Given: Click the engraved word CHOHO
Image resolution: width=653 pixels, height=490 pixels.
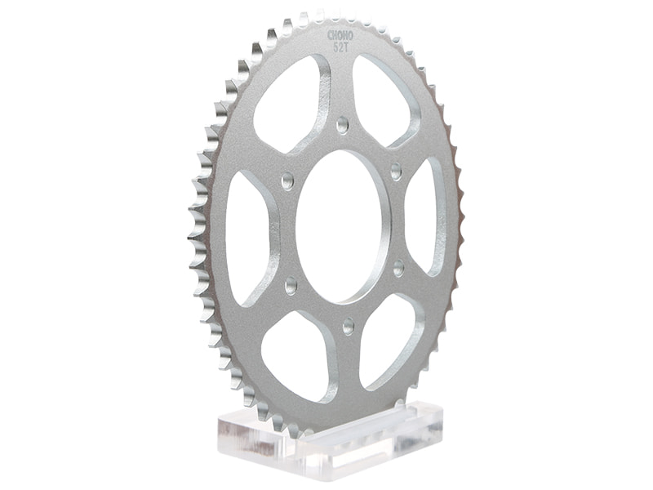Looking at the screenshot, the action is (x=340, y=35).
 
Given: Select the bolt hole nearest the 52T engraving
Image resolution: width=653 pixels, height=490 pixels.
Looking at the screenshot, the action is (x=342, y=125).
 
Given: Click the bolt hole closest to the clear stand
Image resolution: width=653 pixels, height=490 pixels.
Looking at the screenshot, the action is (x=349, y=326).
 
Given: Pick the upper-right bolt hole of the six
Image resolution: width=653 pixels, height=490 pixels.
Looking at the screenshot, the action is (x=396, y=171).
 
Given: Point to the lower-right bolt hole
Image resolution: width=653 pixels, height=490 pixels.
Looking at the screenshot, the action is (x=398, y=268).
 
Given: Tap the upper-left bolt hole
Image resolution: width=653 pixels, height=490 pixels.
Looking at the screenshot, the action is (x=287, y=180).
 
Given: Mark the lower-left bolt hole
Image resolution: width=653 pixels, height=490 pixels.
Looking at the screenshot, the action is (x=291, y=286).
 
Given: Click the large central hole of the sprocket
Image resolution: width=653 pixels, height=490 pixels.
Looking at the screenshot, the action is (x=343, y=227).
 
